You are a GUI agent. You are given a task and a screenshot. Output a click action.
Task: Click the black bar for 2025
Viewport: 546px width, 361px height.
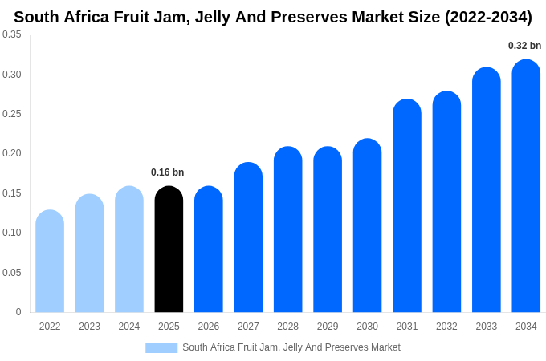169,249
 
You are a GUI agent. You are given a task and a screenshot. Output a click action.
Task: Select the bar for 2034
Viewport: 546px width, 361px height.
526,186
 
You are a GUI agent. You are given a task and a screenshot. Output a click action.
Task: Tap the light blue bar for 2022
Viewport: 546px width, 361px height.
50,262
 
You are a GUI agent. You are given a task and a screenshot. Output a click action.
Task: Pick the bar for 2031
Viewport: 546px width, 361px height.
407,206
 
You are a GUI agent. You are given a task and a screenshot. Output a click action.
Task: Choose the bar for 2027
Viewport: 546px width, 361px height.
248,237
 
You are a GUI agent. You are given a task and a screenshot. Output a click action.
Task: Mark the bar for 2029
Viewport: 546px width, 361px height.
328,229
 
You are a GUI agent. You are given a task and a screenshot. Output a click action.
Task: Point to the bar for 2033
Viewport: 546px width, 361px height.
487,190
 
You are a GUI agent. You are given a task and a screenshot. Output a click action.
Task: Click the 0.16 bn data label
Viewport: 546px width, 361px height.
167,172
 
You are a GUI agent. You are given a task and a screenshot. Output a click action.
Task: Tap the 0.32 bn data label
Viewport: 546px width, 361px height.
524,46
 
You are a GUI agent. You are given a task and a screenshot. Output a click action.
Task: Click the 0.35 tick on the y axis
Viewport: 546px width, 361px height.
12,34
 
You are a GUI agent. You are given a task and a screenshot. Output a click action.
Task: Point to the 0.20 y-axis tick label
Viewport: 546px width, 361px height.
12,153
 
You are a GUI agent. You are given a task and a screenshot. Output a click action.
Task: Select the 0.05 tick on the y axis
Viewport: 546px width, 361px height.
12,273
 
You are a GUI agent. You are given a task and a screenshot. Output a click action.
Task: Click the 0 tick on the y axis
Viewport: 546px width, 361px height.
18,312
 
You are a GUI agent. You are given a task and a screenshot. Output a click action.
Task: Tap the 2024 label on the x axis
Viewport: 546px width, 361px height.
129,327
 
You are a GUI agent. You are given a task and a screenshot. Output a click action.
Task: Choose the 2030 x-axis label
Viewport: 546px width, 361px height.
367,327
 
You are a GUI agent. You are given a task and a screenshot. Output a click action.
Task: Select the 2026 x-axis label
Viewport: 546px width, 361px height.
209,327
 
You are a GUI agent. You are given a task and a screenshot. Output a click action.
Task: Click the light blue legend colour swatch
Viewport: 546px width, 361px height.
161,347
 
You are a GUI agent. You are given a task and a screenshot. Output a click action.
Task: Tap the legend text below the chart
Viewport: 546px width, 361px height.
291,347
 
